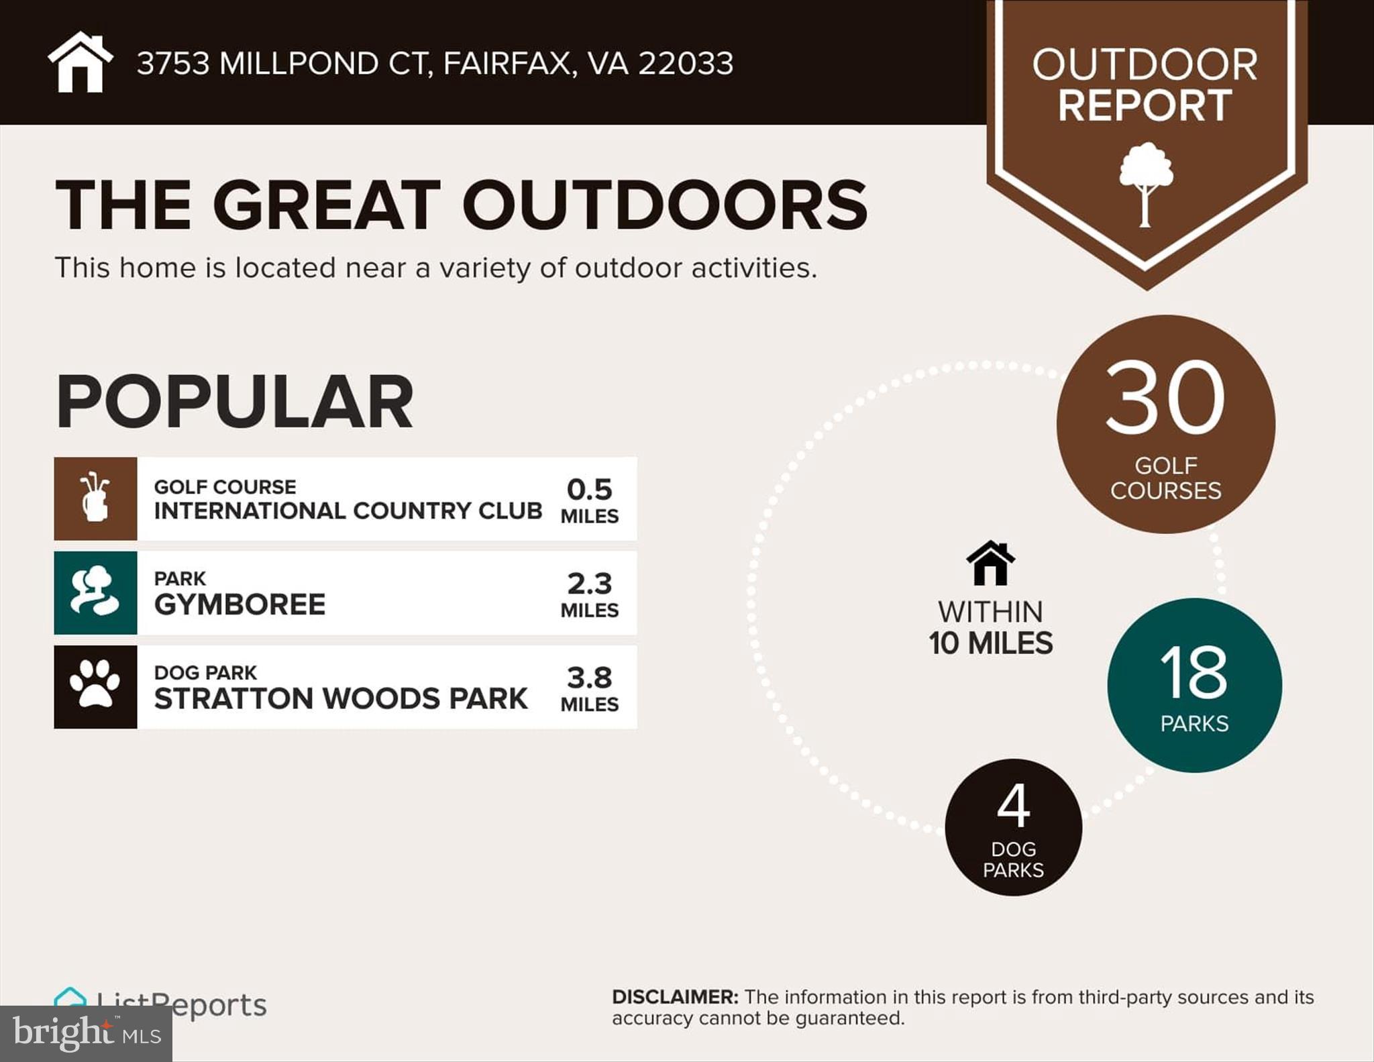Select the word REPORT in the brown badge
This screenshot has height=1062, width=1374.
coord(1145,105)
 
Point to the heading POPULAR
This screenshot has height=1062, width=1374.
coord(234,402)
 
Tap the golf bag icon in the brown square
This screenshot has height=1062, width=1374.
coord(95,498)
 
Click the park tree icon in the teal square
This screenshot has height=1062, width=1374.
coord(95,592)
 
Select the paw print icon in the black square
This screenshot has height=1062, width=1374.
coord(95,686)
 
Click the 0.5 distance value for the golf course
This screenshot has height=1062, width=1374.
coord(589,489)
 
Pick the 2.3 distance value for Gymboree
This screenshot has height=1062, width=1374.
coord(589,583)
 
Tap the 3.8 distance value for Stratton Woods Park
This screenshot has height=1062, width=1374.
coord(589,677)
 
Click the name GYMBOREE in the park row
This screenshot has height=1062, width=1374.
coord(240,604)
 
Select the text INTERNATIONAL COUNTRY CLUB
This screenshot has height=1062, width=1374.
coord(348,511)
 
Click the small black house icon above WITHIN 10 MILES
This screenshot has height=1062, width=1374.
coord(990,563)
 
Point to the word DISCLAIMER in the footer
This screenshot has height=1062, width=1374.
coord(674,997)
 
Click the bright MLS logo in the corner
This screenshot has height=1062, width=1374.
coord(86,1033)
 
